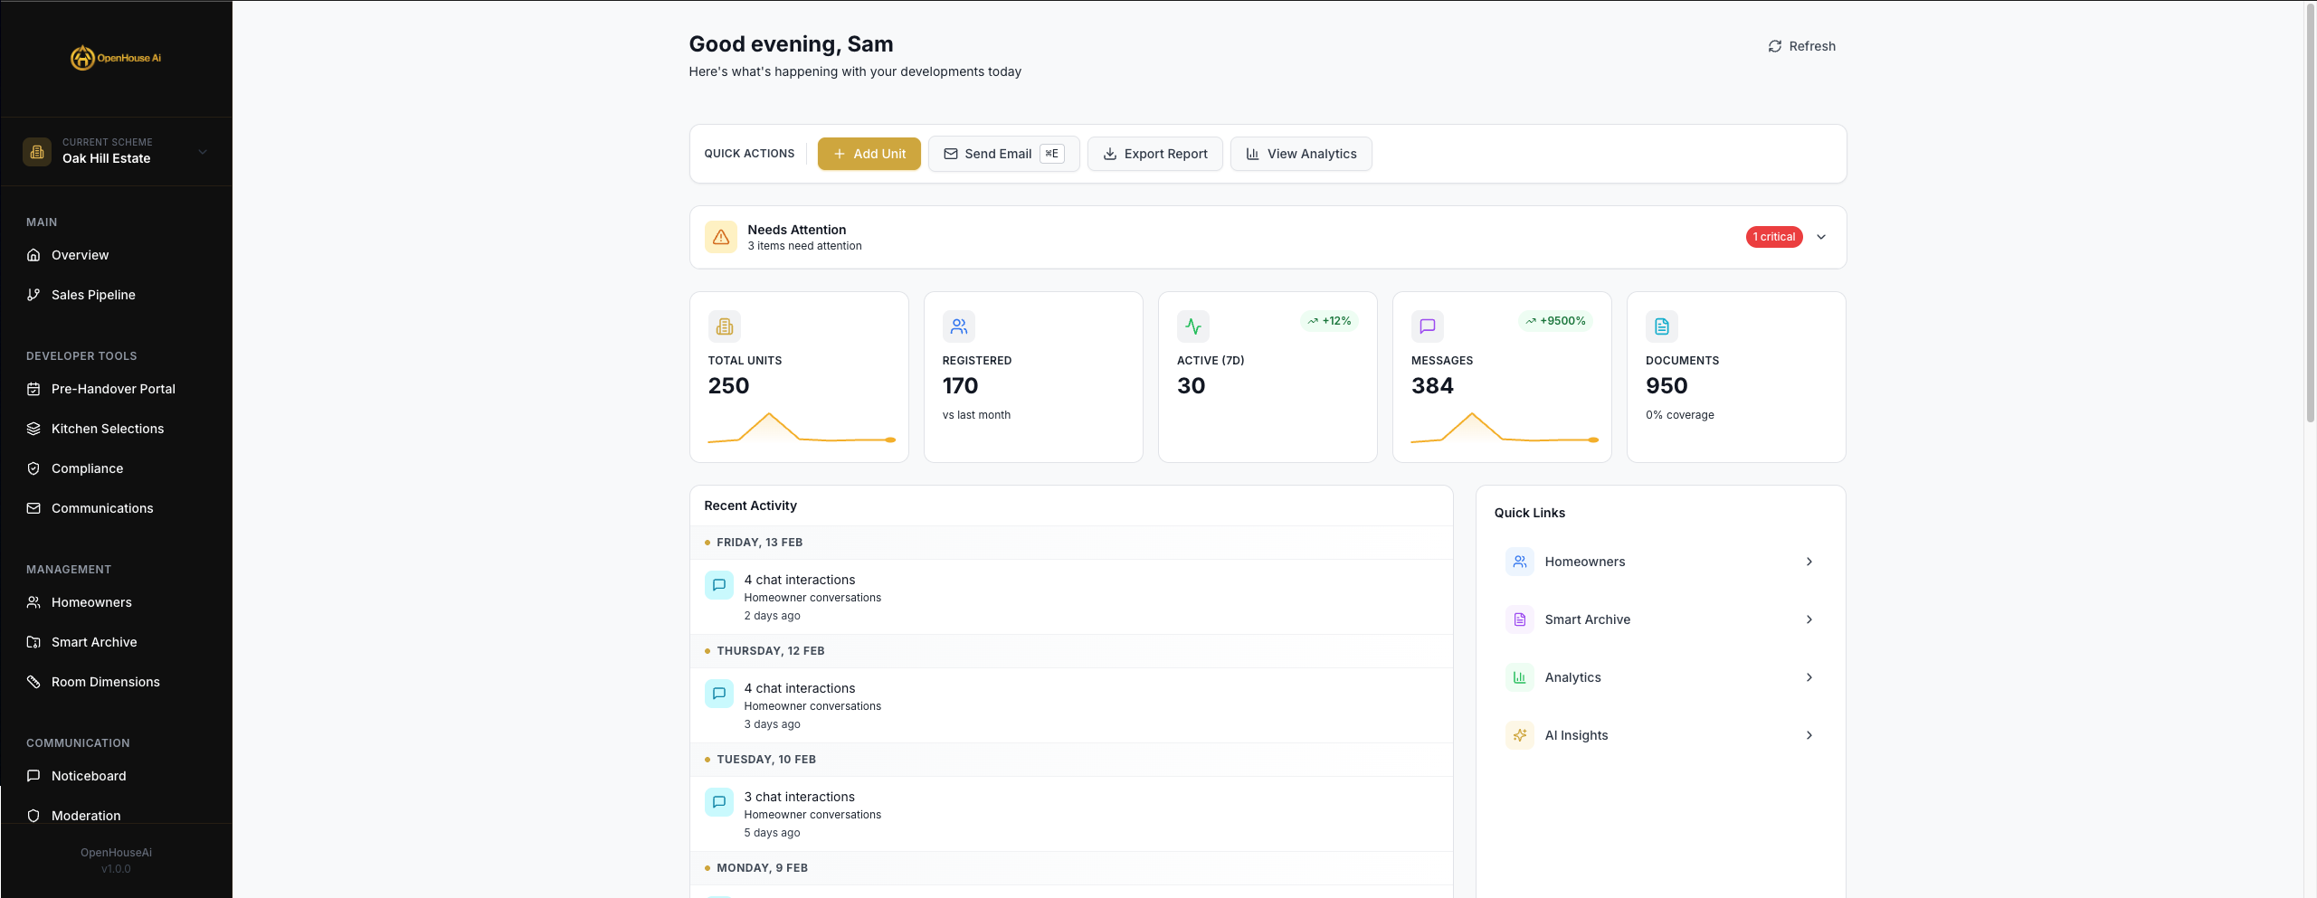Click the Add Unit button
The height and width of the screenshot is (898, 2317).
(869, 154)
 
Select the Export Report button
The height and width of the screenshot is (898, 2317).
(1154, 154)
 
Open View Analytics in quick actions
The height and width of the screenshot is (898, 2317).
(1300, 154)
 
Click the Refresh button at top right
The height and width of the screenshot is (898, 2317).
(1801, 46)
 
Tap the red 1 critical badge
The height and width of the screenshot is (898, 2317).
(1773, 237)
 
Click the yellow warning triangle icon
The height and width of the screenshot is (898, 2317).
(721, 237)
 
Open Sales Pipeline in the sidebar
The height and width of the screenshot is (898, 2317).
(93, 295)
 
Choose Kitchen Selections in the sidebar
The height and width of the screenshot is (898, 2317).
(107, 429)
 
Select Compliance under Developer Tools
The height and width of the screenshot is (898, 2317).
(87, 468)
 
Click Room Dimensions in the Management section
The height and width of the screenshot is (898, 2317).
(105, 682)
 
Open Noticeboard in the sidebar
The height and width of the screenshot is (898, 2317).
(89, 776)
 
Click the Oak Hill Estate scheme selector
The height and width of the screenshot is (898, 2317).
(116, 151)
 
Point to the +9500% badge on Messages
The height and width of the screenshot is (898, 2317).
(1555, 321)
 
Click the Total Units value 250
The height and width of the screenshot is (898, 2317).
(728, 386)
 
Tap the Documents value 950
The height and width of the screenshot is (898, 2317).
(1666, 386)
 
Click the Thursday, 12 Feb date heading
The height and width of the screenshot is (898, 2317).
(770, 651)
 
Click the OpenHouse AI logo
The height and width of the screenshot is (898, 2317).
(116, 58)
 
